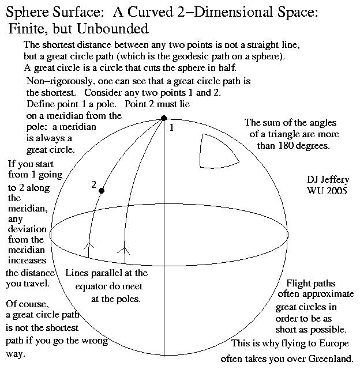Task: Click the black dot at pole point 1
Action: tap(164, 118)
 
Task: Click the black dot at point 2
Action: tap(102, 191)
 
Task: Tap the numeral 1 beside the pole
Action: tap(171, 127)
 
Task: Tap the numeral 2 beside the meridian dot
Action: tap(93, 184)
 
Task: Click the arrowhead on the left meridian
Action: tap(88, 248)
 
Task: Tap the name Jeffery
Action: tap(335, 180)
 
